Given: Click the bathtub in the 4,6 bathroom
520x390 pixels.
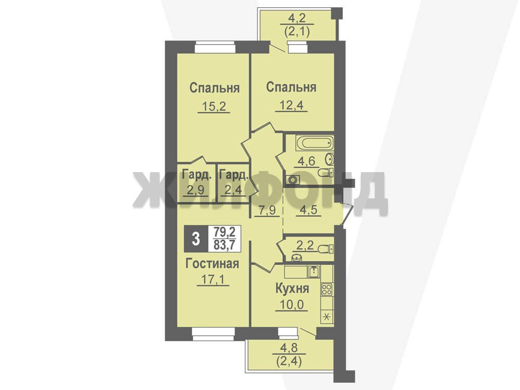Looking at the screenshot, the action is point(314,144).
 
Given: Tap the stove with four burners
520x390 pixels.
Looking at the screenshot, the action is point(327,290).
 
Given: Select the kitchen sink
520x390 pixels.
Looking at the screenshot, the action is point(314,271).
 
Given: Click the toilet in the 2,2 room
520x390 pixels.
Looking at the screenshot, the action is point(326,249).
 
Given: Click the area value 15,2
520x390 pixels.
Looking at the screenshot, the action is point(214,107).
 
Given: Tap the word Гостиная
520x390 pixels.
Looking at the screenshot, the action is point(212,264).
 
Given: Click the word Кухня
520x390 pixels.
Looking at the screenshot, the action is point(292,289).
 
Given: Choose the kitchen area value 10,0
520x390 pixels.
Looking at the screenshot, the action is point(291,304).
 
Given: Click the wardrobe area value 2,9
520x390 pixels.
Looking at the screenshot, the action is point(196,190).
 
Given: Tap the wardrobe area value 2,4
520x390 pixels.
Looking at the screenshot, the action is point(233,190).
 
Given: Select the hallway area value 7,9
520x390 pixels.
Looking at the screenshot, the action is point(267,210).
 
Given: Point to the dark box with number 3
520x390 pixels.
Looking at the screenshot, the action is point(196,239).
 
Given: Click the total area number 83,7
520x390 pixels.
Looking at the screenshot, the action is point(224,245).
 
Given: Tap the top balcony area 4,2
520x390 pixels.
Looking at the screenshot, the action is point(297,18).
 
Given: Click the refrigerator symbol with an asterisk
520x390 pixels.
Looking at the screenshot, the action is point(327,317).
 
